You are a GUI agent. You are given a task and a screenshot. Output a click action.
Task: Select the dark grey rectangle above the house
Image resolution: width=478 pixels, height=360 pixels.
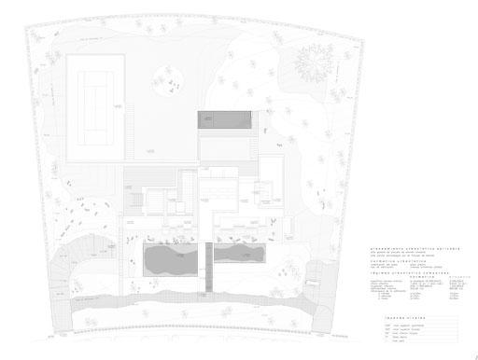(224, 118)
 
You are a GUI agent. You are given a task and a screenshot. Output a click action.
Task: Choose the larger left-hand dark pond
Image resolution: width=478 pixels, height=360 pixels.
(169, 262)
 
